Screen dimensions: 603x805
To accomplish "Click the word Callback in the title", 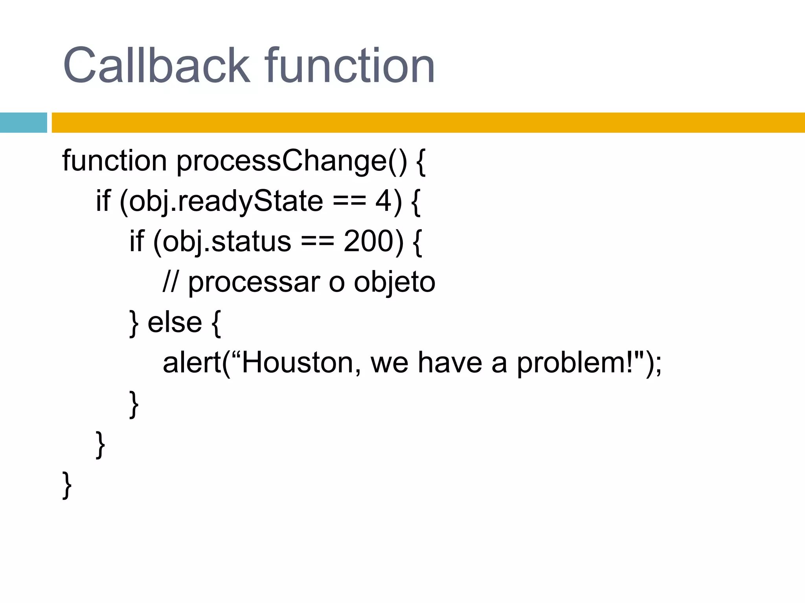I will tap(156, 66).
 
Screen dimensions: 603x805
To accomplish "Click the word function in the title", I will tap(349, 66).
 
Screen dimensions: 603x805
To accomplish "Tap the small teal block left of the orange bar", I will tap(23, 122).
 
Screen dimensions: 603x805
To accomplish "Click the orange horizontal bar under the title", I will tap(428, 122).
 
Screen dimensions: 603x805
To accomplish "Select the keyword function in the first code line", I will tap(114, 161).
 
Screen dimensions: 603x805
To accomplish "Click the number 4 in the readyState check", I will tap(384, 201).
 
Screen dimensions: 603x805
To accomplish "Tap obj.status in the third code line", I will tap(227, 241).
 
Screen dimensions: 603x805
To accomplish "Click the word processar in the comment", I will tap(254, 283).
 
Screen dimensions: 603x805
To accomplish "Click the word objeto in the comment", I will tap(394, 283).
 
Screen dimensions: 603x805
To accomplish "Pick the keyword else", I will tap(175, 323).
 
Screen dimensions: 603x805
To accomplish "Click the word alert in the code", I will tap(192, 363).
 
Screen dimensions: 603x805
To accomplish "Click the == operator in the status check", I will tap(318, 241).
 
